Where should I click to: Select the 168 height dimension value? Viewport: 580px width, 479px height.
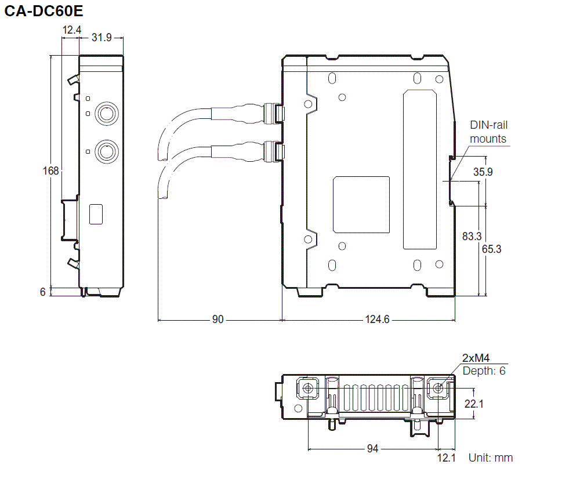[51, 170]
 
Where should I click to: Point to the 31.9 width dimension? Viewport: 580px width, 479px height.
[101, 38]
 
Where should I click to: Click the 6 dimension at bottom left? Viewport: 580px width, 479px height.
[42, 292]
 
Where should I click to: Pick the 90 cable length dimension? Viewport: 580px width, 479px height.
[218, 320]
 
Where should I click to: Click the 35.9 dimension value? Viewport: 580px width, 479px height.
[483, 172]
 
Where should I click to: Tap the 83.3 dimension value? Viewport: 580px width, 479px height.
[472, 236]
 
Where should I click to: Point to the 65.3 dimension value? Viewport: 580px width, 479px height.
[491, 249]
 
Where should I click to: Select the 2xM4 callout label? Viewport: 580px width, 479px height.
[476, 358]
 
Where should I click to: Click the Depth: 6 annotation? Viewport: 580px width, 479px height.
[484, 371]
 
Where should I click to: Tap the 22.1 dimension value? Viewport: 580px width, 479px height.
[474, 403]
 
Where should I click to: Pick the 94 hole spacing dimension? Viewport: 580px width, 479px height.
[372, 448]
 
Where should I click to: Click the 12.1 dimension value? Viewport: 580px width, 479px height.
[447, 458]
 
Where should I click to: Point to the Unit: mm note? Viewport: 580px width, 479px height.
[491, 458]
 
